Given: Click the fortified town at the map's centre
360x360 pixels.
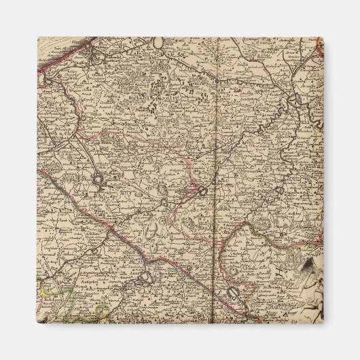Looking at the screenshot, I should pos(202,192).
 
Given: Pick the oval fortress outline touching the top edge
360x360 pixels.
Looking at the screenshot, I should pos(158,42).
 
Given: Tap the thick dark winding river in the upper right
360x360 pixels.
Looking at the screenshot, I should pos(299,102).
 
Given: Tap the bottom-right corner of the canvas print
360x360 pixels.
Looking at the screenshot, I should pos(323,323).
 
